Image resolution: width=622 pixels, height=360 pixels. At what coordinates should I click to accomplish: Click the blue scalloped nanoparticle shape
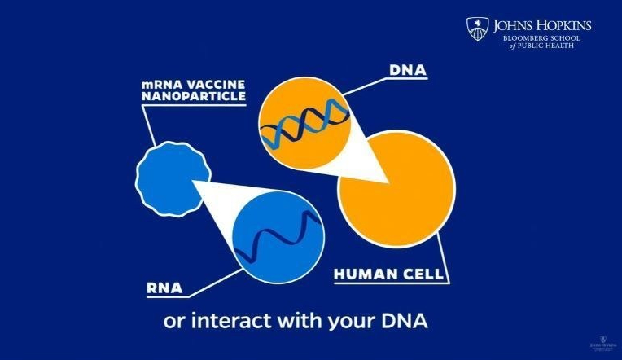172,174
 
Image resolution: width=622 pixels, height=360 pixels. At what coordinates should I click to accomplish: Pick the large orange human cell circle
396,195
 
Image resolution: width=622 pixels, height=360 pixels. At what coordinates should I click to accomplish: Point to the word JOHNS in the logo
510,25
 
